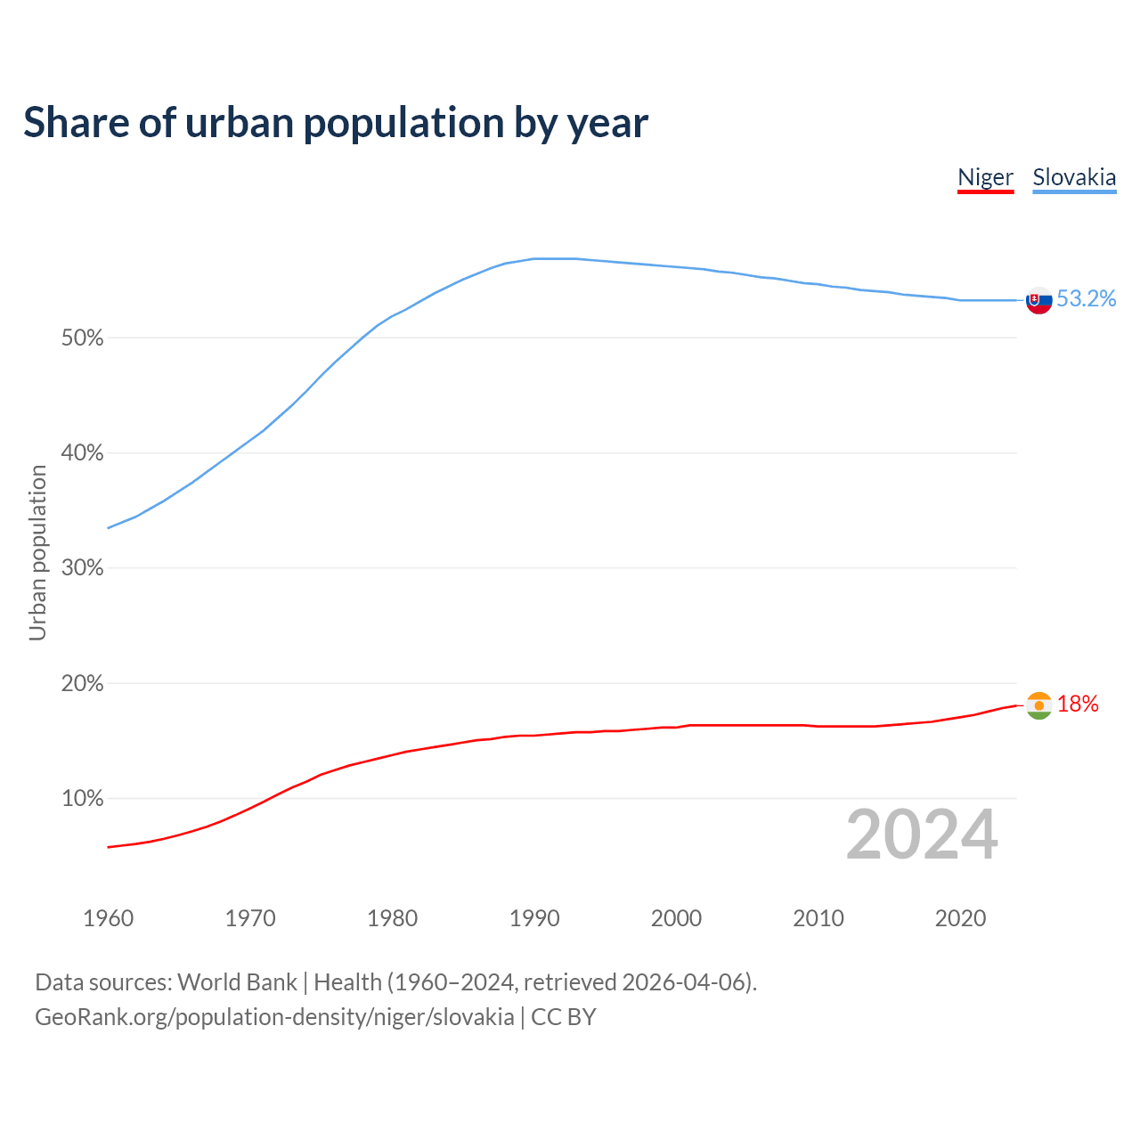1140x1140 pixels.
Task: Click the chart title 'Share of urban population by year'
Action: [x=336, y=123]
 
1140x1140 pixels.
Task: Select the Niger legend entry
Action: [x=985, y=177]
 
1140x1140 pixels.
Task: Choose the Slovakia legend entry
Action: [x=1074, y=177]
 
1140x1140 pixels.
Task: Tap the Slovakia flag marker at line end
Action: [x=1038, y=300]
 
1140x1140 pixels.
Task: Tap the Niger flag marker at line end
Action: [x=1038, y=705]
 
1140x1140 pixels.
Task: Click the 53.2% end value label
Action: [x=1087, y=299]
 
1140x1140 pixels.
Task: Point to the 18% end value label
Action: [x=1078, y=704]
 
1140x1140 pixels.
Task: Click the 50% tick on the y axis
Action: [x=83, y=338]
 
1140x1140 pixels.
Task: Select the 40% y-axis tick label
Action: [x=83, y=453]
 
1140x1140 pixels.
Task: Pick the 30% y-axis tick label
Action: [x=83, y=568]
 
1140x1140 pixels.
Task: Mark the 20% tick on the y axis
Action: [x=83, y=684]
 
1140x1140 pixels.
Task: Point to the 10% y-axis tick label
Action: [x=83, y=799]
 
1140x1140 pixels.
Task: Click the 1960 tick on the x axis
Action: [x=109, y=918]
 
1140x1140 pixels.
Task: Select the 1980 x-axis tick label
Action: [x=393, y=918]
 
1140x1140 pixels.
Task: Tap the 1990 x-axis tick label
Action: [x=534, y=918]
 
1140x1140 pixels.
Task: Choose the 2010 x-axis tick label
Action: [x=818, y=918]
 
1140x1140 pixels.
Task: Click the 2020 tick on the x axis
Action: [x=960, y=918]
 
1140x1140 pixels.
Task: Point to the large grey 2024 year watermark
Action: [x=922, y=835]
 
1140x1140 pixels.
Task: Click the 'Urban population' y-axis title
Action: [x=37, y=552]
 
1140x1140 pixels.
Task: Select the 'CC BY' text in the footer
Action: [x=564, y=1017]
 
